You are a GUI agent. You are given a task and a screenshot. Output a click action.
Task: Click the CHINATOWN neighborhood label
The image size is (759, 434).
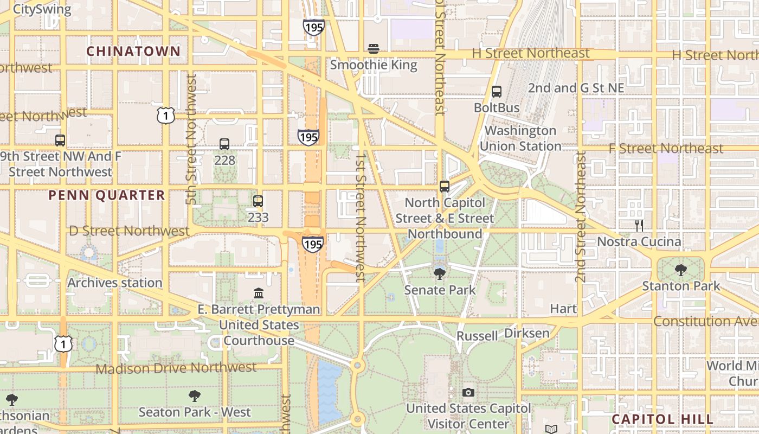(x=133, y=51)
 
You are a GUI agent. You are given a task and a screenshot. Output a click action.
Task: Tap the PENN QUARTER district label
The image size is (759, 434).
(x=107, y=195)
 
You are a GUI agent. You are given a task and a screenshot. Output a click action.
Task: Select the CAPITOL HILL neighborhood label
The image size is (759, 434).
(x=662, y=419)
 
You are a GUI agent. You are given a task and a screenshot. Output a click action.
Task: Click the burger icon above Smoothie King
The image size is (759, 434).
(x=373, y=49)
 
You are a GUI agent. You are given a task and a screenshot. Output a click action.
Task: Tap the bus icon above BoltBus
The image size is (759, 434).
(x=496, y=92)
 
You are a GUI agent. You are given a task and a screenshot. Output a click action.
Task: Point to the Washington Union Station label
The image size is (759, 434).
(x=520, y=138)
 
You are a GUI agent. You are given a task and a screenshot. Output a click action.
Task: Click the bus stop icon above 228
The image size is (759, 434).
(x=224, y=144)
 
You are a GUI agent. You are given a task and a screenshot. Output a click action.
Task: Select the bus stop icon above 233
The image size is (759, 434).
(x=258, y=201)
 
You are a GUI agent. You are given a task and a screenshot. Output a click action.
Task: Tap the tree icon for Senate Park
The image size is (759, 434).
(x=440, y=274)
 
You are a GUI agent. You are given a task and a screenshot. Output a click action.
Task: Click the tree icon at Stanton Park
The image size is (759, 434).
(x=681, y=270)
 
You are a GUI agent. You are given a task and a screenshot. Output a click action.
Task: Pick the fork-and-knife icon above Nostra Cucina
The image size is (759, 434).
(x=639, y=225)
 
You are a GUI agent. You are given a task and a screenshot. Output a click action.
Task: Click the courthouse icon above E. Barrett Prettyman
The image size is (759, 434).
(x=259, y=293)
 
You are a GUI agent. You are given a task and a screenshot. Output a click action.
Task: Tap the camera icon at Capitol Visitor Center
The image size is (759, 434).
(x=468, y=392)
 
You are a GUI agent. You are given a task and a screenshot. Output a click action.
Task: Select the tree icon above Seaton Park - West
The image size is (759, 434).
(x=195, y=396)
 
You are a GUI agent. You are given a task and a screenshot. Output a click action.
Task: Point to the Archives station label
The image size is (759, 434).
(x=115, y=283)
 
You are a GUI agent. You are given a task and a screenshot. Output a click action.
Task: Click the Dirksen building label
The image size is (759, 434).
(x=526, y=333)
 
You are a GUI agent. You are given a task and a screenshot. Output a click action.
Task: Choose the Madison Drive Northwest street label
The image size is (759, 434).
(x=176, y=368)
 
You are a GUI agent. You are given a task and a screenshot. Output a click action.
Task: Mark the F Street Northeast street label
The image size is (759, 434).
(x=666, y=149)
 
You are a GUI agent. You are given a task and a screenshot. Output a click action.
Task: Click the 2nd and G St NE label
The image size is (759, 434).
(x=576, y=88)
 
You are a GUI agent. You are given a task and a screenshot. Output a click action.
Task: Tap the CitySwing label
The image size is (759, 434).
(x=42, y=9)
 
